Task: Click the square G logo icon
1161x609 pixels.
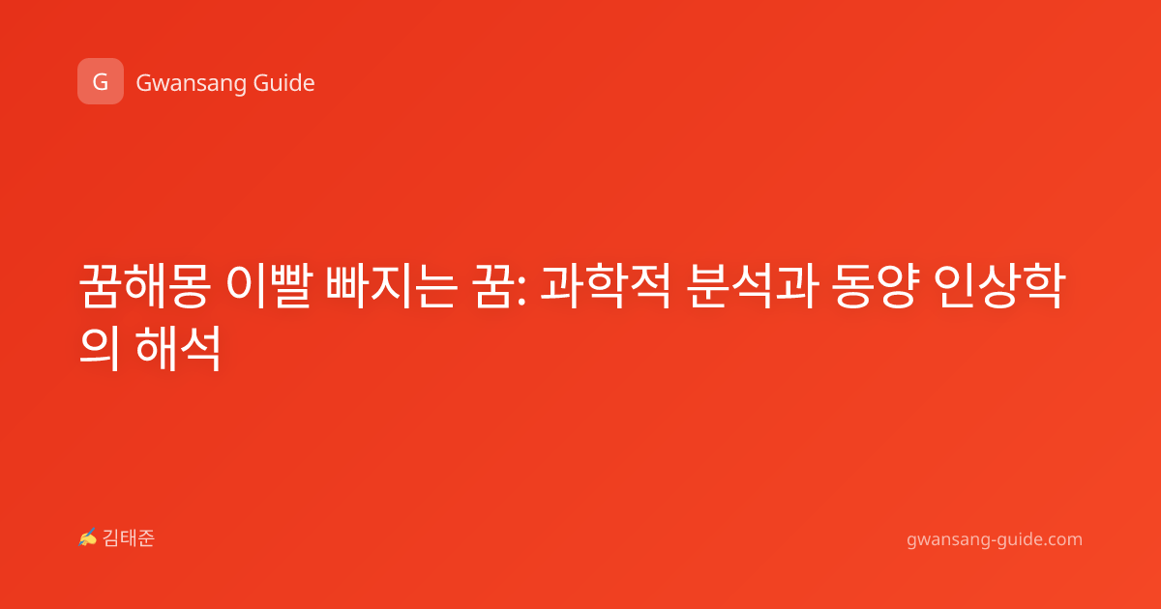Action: [x=101, y=81]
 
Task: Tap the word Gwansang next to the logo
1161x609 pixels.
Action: [x=191, y=83]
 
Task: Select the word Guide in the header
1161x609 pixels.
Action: [x=284, y=82]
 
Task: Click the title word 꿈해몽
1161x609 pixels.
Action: [x=144, y=285]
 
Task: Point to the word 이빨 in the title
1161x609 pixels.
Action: [x=269, y=285]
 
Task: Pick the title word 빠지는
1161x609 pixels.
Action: [x=391, y=285]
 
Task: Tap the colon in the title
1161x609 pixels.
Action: [x=521, y=291]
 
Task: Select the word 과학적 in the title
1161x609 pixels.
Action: [x=606, y=285]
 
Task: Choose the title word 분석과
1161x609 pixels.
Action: [x=753, y=285]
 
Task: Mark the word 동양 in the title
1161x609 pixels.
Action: [x=877, y=285]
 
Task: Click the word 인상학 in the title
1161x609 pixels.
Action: [x=1000, y=285]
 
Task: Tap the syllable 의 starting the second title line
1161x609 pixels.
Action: [x=100, y=347]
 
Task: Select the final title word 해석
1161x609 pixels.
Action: [x=178, y=347]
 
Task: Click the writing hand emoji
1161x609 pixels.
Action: [x=88, y=537]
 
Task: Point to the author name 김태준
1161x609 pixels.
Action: [x=129, y=538]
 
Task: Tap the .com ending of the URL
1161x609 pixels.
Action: [x=1063, y=539]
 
